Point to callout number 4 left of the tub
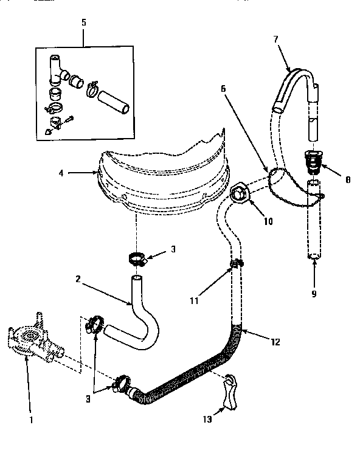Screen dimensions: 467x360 tap(61, 173)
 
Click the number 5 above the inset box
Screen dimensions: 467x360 tap(84, 22)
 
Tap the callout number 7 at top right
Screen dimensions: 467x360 tap(275, 39)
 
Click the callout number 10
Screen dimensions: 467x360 tap(268, 221)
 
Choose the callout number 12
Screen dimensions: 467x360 tap(275, 342)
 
